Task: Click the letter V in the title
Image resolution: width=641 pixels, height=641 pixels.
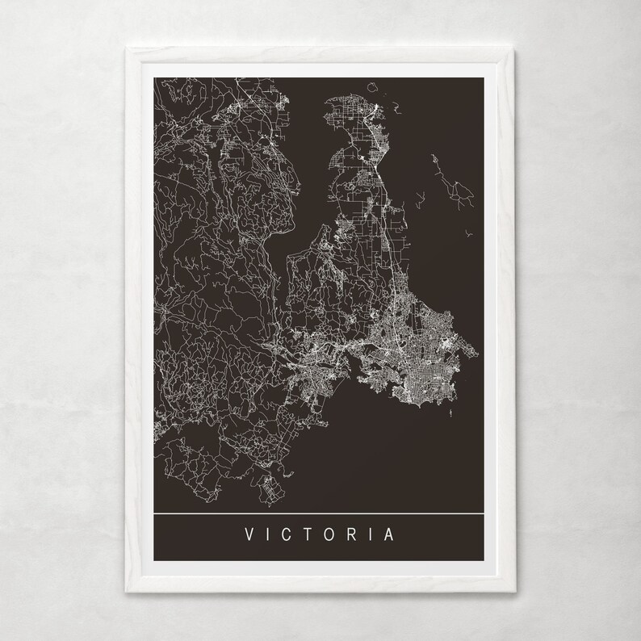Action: (x=247, y=535)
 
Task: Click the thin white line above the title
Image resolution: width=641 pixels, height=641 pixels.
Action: (x=320, y=513)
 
